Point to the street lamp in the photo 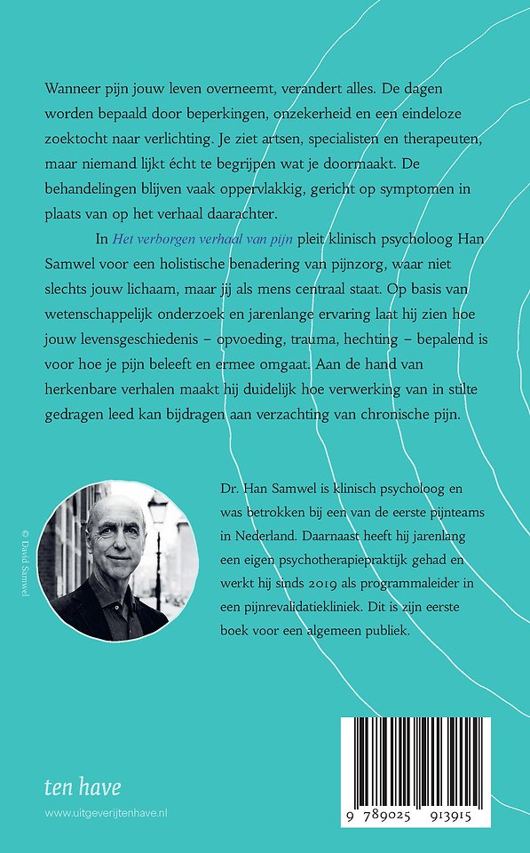point(158,511)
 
